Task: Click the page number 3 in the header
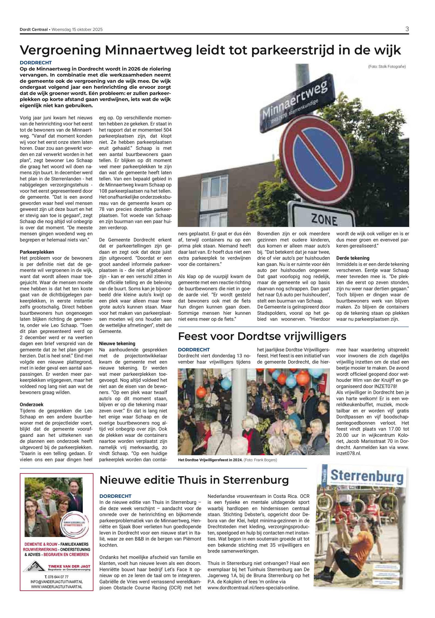coord(407,29)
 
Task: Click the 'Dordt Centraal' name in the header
coord(33,29)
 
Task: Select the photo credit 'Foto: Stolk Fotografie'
coord(387,66)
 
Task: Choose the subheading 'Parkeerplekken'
coord(37,252)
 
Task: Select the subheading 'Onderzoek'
coord(32,404)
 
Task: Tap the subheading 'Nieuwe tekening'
coord(117,344)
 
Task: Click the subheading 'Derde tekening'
coord(353,258)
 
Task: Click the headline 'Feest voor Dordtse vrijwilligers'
coord(262,336)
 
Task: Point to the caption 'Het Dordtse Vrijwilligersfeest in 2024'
coord(210,460)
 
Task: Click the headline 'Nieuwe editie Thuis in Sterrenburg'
coord(194,480)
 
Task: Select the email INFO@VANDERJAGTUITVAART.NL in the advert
coord(57,582)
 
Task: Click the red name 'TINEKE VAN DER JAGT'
coord(69,566)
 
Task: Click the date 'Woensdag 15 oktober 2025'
coord(77,29)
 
